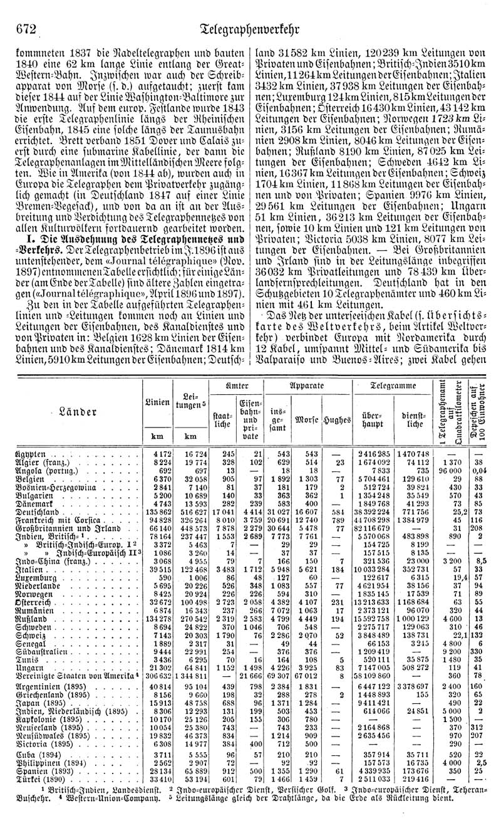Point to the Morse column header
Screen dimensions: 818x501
306,418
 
